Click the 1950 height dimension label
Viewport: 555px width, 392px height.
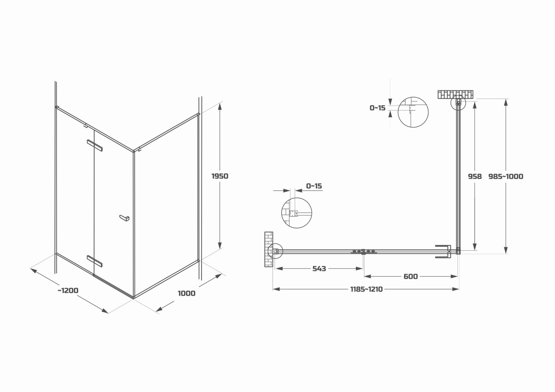point(220,176)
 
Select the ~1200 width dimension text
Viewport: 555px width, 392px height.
point(68,290)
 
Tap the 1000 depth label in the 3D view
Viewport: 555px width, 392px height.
point(186,294)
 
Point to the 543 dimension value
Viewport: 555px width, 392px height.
point(319,269)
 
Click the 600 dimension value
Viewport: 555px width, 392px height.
point(410,277)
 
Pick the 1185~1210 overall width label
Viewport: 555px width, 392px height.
point(366,289)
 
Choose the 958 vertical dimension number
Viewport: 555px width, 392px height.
point(475,176)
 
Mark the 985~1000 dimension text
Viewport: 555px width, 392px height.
point(506,176)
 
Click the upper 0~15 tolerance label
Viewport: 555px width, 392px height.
point(377,108)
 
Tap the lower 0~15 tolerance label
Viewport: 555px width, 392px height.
point(314,186)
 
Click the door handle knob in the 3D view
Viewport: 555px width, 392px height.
point(125,218)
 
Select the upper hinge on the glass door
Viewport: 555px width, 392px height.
point(95,145)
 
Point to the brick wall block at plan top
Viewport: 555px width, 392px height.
point(455,94)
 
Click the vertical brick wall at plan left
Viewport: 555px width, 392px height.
point(269,249)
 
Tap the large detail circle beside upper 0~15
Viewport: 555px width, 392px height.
point(413,112)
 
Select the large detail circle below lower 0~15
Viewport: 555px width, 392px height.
point(297,213)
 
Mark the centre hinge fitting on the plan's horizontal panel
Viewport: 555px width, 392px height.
point(363,252)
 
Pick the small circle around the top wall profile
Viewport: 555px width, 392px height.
point(458,102)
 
